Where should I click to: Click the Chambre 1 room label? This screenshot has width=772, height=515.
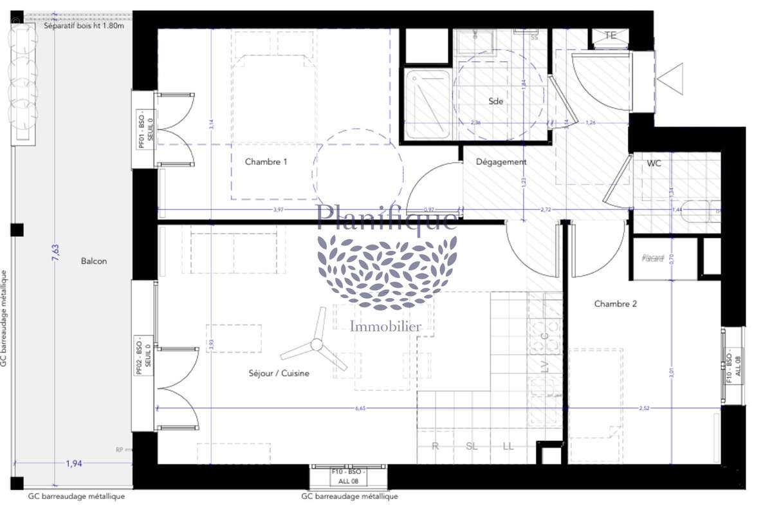click(266, 162)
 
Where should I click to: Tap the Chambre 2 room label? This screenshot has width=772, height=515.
click(615, 304)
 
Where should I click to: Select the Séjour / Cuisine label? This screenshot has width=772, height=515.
click(279, 373)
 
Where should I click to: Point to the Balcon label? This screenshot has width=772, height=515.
click(94, 261)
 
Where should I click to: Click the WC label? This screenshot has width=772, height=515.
click(654, 164)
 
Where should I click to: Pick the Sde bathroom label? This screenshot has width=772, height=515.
click(495, 101)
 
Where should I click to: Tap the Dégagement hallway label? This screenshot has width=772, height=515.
click(501, 162)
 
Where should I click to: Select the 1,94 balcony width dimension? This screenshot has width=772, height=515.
click(77, 462)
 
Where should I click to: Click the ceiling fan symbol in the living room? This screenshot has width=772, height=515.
click(316, 346)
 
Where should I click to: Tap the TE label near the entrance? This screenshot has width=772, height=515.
click(611, 36)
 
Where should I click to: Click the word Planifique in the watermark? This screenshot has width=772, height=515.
click(387, 217)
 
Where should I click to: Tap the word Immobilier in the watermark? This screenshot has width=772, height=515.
click(385, 326)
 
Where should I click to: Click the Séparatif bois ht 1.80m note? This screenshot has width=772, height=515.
click(84, 26)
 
